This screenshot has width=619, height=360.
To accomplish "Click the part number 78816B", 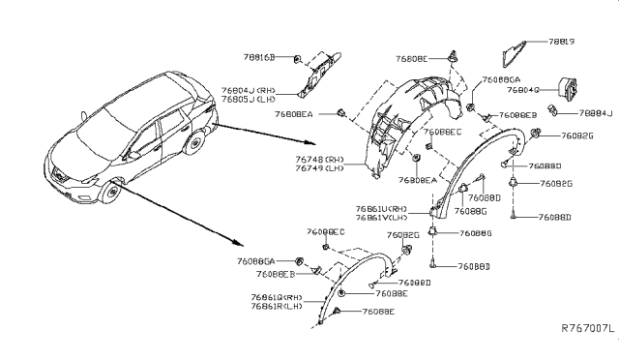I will point(257,58).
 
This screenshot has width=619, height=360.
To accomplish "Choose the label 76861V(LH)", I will point(383,219).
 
